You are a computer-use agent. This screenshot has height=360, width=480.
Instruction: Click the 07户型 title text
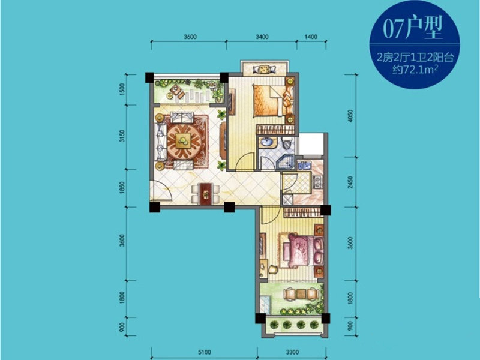click(413, 29)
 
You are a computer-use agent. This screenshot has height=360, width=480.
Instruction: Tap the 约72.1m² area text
click(415, 70)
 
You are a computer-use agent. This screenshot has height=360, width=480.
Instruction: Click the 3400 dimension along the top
click(262, 37)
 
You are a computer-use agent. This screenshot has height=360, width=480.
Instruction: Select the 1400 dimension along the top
click(311, 37)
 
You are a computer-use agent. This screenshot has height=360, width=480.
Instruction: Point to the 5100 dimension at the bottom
click(204, 352)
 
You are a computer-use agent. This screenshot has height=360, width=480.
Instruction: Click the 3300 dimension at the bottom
click(292, 352)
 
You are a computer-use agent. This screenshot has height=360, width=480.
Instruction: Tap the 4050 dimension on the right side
click(350, 116)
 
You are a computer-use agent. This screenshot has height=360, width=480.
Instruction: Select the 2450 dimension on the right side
click(350, 182)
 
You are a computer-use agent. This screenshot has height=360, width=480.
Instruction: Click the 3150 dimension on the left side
click(122, 136)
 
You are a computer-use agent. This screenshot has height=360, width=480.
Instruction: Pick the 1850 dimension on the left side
click(122, 188)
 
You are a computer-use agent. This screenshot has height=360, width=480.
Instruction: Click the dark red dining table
click(206, 194)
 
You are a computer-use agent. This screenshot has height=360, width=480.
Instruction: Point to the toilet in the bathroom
click(287, 142)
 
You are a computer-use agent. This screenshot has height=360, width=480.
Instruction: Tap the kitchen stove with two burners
click(317, 182)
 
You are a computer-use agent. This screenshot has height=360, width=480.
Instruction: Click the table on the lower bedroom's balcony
click(301, 293)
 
